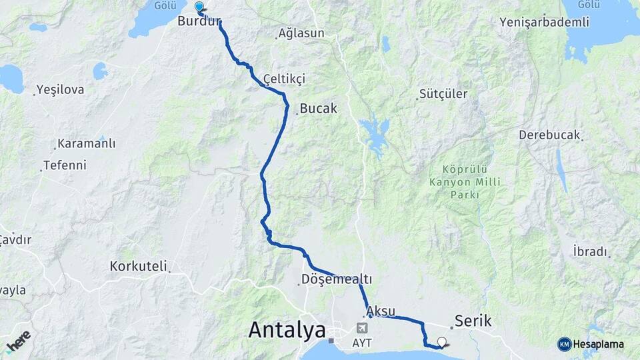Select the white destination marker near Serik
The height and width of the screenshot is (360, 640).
pos(441,343)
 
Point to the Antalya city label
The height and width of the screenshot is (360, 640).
pos(287,329)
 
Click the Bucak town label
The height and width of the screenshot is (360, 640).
pos(319,108)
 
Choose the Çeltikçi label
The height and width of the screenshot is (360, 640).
pos(284,79)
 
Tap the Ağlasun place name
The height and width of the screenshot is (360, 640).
pos(301,33)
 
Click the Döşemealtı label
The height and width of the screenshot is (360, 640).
pos(336,279)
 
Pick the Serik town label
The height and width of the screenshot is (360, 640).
pos(473,321)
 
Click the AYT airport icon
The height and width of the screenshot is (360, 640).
pos(362,328)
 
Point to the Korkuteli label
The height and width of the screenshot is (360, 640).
pos(138,266)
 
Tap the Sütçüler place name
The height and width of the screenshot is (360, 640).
pos(443,94)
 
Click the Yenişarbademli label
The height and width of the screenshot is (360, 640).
pos(544,22)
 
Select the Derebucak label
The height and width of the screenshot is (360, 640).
pos(549,135)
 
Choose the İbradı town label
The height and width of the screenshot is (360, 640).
pos(590,251)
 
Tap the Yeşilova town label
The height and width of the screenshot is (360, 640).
pos(61,89)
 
